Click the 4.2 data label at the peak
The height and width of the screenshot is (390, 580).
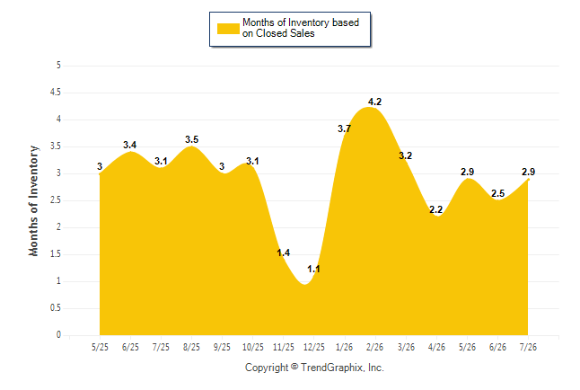(x=374, y=102)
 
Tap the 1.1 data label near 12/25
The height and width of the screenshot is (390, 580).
(x=313, y=269)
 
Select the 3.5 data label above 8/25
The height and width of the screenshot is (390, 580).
(x=191, y=139)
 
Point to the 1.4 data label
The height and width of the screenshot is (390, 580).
(x=284, y=253)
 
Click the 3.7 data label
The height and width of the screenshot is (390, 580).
(x=345, y=129)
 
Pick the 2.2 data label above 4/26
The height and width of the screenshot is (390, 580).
(x=436, y=209)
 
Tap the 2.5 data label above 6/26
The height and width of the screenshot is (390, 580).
(x=498, y=193)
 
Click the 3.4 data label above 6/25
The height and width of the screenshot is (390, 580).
(x=130, y=145)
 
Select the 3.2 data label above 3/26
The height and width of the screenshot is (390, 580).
(x=406, y=155)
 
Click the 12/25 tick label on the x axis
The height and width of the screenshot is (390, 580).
(x=314, y=347)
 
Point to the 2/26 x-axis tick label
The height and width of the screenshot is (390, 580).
(x=374, y=347)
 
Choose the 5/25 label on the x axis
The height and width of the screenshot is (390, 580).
(x=100, y=347)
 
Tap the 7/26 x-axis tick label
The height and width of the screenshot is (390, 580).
(x=528, y=347)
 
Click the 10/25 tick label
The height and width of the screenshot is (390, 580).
(x=253, y=347)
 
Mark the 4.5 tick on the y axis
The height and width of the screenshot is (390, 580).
(x=56, y=93)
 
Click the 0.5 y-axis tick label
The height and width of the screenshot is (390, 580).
(x=56, y=308)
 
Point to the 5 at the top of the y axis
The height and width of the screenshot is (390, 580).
(x=58, y=66)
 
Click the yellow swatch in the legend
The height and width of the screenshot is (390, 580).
(x=228, y=29)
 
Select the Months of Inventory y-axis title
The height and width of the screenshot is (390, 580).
(x=33, y=200)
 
